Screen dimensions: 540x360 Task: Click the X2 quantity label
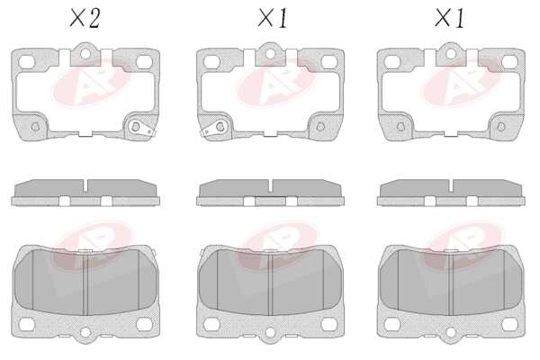point(85,18)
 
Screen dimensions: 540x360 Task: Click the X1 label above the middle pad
point(273,18)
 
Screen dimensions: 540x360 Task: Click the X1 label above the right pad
point(449,18)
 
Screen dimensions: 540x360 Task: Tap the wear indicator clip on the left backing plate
point(141,128)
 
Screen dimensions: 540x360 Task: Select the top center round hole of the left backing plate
point(85,54)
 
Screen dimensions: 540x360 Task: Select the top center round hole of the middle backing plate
point(270,54)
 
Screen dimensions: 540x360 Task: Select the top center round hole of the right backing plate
point(451,54)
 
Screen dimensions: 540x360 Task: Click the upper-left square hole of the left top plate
point(26,62)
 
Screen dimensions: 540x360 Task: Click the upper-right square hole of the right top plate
point(509,62)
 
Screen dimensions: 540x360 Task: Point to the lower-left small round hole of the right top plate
point(400,127)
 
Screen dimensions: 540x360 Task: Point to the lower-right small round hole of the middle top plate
point(320,127)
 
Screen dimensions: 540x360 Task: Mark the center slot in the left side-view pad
point(85,186)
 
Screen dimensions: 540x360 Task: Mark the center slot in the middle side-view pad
point(270,186)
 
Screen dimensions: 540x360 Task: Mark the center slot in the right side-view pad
point(451,186)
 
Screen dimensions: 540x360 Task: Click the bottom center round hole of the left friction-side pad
point(85,332)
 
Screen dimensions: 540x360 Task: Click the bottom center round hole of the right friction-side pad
point(451,332)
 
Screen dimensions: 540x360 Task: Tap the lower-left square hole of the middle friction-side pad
point(211,324)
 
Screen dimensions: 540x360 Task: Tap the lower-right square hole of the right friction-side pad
point(509,324)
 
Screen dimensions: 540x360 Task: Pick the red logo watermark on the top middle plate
point(275,82)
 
